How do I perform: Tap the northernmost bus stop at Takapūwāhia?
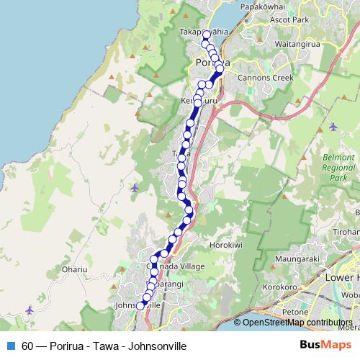tap(206, 35)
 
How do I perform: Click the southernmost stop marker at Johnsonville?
tap(140, 306)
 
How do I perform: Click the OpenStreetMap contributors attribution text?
tap(297, 323)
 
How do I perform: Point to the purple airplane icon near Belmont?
tap(332, 127)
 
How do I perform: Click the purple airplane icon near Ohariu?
tap(28, 310)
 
